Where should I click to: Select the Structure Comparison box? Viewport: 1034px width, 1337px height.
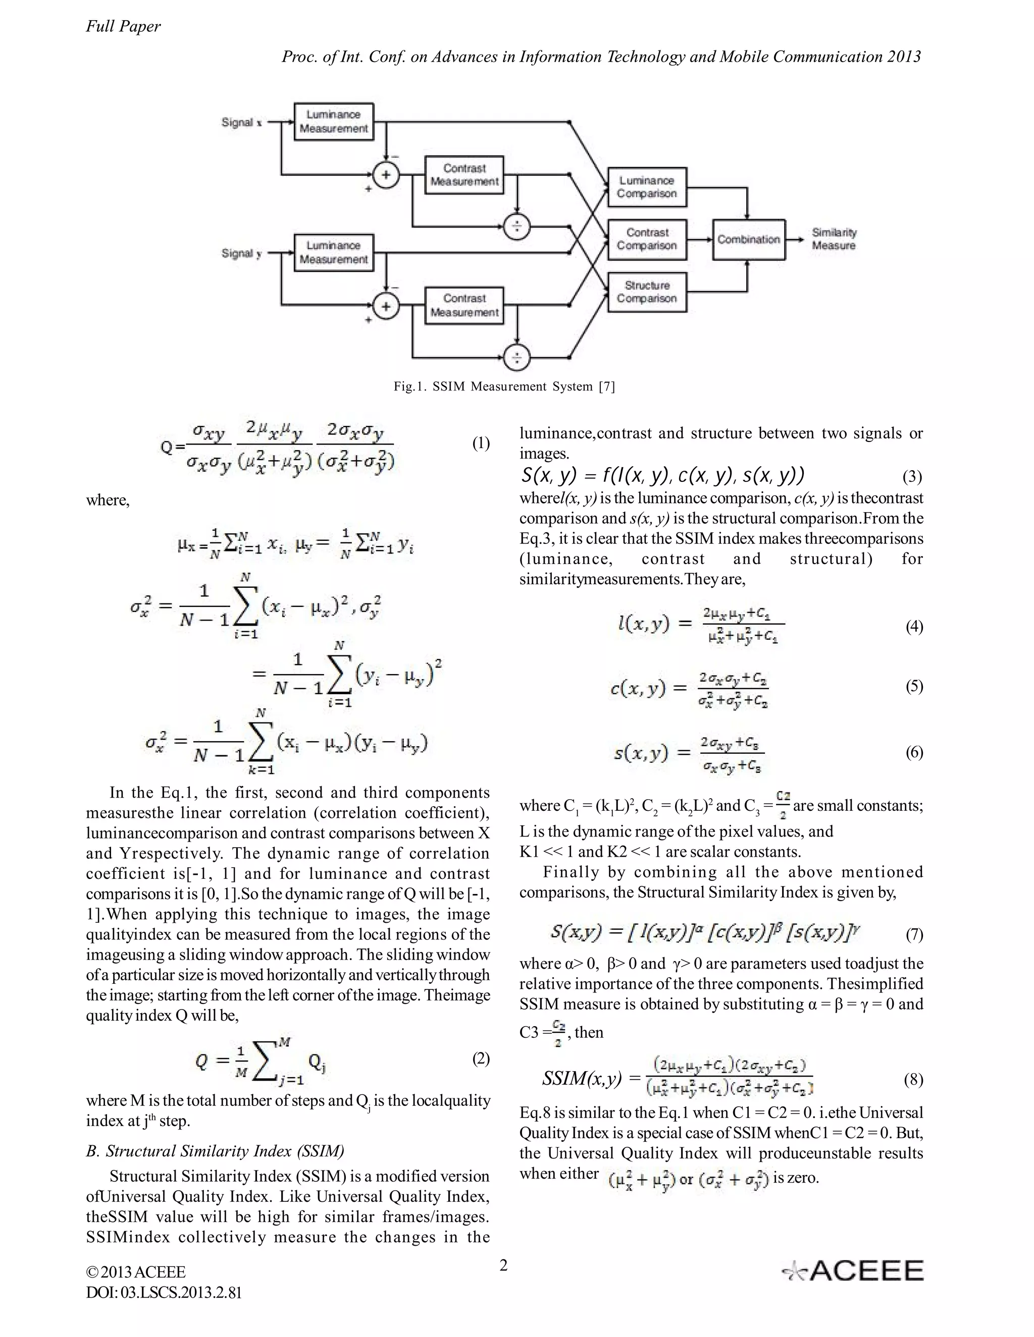(647, 292)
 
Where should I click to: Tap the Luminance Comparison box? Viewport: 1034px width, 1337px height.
(647, 187)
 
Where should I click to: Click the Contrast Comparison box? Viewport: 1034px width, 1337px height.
(647, 239)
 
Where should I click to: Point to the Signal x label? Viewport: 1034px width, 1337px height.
(241, 123)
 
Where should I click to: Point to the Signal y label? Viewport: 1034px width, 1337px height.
(241, 253)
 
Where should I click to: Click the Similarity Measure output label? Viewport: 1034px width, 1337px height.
(834, 239)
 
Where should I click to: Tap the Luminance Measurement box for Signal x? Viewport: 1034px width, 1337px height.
(334, 122)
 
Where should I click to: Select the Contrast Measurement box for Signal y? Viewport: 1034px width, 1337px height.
(464, 305)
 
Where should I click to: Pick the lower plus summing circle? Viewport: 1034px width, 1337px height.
(386, 305)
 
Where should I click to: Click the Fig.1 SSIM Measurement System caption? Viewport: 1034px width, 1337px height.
(503, 386)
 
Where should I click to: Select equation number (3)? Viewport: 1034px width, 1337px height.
(913, 476)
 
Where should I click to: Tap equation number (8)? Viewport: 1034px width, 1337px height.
(913, 1079)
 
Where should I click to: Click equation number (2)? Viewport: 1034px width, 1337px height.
(481, 1059)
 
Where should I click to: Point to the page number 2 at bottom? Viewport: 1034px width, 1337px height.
(503, 1265)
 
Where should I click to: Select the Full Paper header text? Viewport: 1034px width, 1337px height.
(123, 26)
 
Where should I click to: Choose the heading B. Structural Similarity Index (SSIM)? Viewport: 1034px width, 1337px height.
(215, 1151)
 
